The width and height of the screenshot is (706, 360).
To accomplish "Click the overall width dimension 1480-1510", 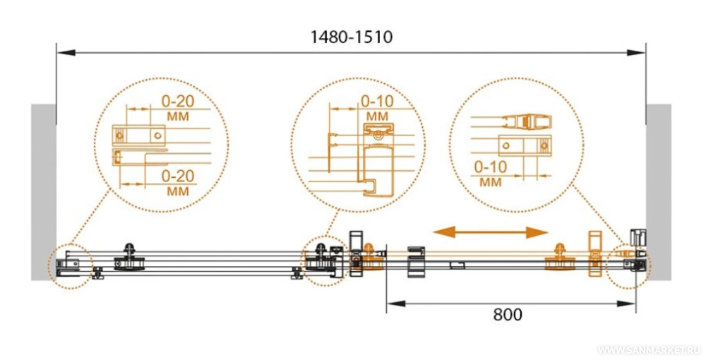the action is click(x=351, y=37).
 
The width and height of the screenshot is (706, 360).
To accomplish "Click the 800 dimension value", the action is click(x=508, y=315).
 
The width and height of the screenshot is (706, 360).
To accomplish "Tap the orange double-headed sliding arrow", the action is click(x=491, y=232).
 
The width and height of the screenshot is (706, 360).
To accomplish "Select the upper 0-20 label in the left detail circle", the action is click(x=178, y=101).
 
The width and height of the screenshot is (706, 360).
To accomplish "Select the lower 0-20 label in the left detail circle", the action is click(x=178, y=176).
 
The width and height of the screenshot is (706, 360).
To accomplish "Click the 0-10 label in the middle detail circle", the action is click(x=377, y=101).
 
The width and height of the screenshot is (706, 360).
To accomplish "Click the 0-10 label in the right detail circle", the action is click(x=491, y=167).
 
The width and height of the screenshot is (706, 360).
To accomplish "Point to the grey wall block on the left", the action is click(x=43, y=193).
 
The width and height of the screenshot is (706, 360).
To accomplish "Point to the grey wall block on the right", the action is click(x=659, y=193).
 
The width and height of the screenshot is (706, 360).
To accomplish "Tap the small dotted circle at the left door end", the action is click(x=70, y=265).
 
